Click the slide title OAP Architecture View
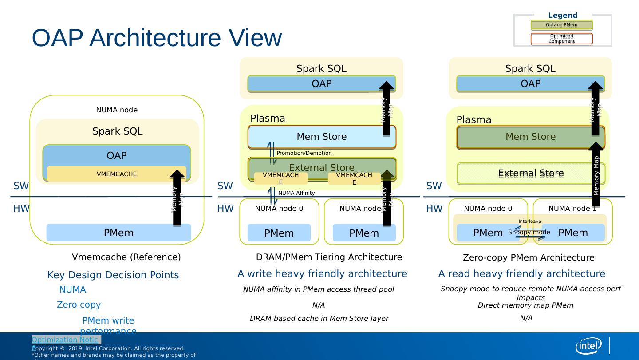pos(157,38)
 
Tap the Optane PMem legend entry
pos(561,25)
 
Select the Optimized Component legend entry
pos(561,39)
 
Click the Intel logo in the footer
pos(588,346)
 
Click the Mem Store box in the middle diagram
pos(321,137)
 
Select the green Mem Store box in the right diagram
pos(530,137)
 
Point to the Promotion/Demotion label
pos(304,153)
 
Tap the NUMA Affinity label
pos(296,193)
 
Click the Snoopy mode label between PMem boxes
pos(529,232)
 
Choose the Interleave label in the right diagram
pos(529,221)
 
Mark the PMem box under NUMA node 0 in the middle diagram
pos(279,233)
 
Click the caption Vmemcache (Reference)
pos(126,257)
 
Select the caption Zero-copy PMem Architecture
pos(529,258)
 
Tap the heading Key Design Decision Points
pos(113,275)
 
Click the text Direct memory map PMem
pos(525,305)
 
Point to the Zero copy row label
pos(79,305)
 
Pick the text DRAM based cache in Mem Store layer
pos(319,319)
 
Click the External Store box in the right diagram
pos(530,173)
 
